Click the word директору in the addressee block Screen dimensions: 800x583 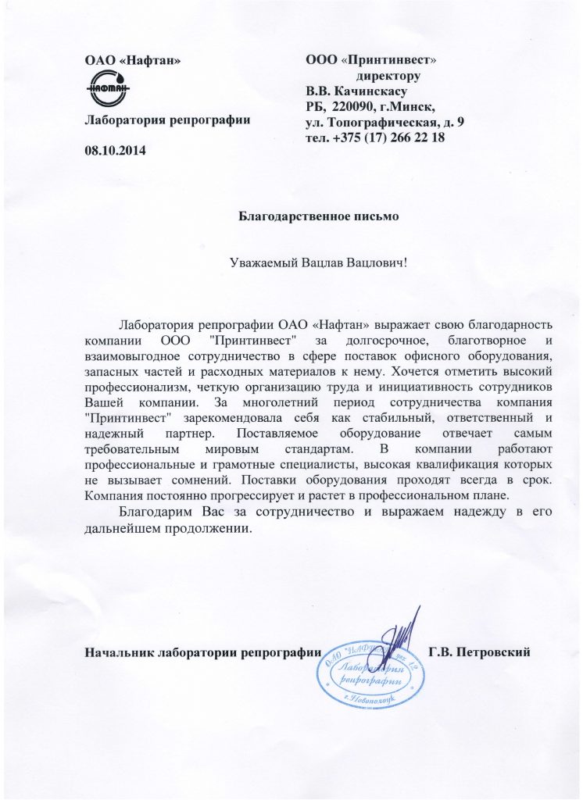point(388,77)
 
